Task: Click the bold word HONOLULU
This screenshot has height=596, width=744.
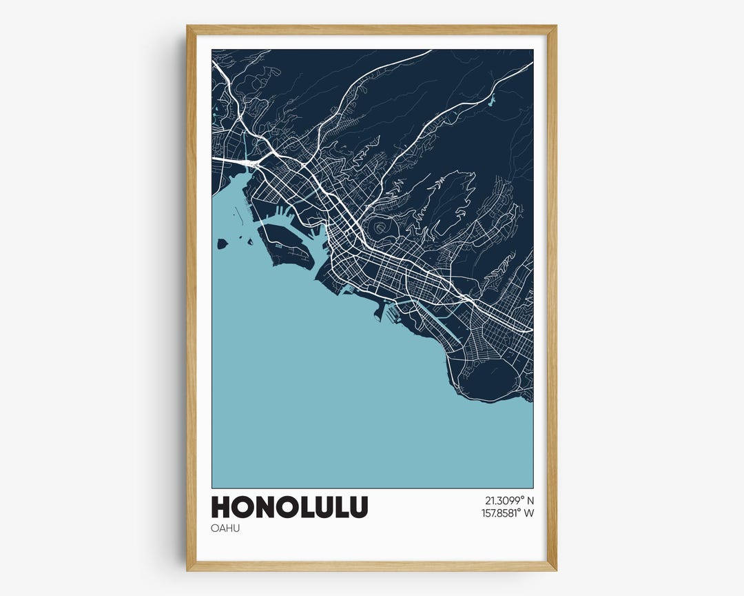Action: (289, 507)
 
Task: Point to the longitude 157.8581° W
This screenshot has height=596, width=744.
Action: (508, 513)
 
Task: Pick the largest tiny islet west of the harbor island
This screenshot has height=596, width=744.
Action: (223, 244)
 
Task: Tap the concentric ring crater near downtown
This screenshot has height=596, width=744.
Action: (379, 227)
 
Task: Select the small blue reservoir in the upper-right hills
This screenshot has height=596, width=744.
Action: (490, 101)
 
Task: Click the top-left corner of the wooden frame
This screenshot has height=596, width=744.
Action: (188, 28)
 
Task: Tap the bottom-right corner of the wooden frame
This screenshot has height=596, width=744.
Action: (555, 569)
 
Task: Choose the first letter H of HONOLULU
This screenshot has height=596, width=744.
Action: (221, 507)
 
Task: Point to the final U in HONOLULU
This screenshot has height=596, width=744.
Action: (358, 507)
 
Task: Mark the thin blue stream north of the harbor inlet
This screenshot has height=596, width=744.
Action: (245, 148)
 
